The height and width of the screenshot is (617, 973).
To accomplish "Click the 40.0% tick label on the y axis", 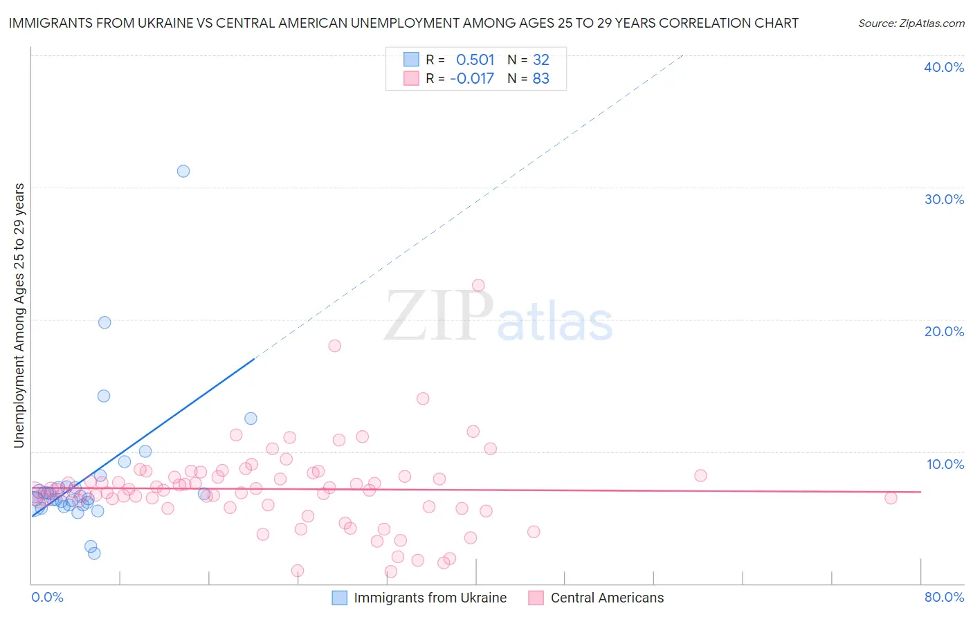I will (x=943, y=67).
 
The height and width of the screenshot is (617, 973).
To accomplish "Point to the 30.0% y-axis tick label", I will (x=943, y=199).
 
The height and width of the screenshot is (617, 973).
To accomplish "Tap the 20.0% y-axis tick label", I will (x=943, y=331).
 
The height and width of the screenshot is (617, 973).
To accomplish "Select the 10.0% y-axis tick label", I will (x=945, y=464).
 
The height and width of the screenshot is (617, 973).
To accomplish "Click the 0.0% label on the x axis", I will (x=47, y=597).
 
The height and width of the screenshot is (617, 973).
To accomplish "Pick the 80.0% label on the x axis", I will (x=944, y=597).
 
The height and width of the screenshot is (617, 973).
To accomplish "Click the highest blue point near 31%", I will (x=183, y=171).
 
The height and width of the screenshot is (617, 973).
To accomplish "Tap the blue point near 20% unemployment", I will (x=104, y=322).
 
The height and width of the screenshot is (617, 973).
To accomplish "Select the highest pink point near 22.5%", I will (x=478, y=285).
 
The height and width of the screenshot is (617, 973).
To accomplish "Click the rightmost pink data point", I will (x=891, y=498).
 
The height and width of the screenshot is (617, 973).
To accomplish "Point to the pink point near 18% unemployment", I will (x=335, y=346).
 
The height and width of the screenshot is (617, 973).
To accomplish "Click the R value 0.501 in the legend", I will (x=475, y=60).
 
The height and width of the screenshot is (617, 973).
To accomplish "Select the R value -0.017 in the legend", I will (x=472, y=79).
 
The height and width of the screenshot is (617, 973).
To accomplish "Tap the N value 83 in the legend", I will (x=540, y=79).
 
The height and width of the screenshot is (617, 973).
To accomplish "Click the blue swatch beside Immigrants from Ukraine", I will (x=339, y=598).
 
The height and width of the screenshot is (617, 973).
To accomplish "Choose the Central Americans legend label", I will (x=607, y=598).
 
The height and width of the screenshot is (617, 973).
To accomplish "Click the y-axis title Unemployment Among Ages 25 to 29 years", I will (x=19, y=315).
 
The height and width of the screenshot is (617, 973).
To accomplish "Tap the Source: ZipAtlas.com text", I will (x=911, y=24).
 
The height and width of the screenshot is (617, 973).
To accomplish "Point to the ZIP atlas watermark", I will (x=498, y=317).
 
